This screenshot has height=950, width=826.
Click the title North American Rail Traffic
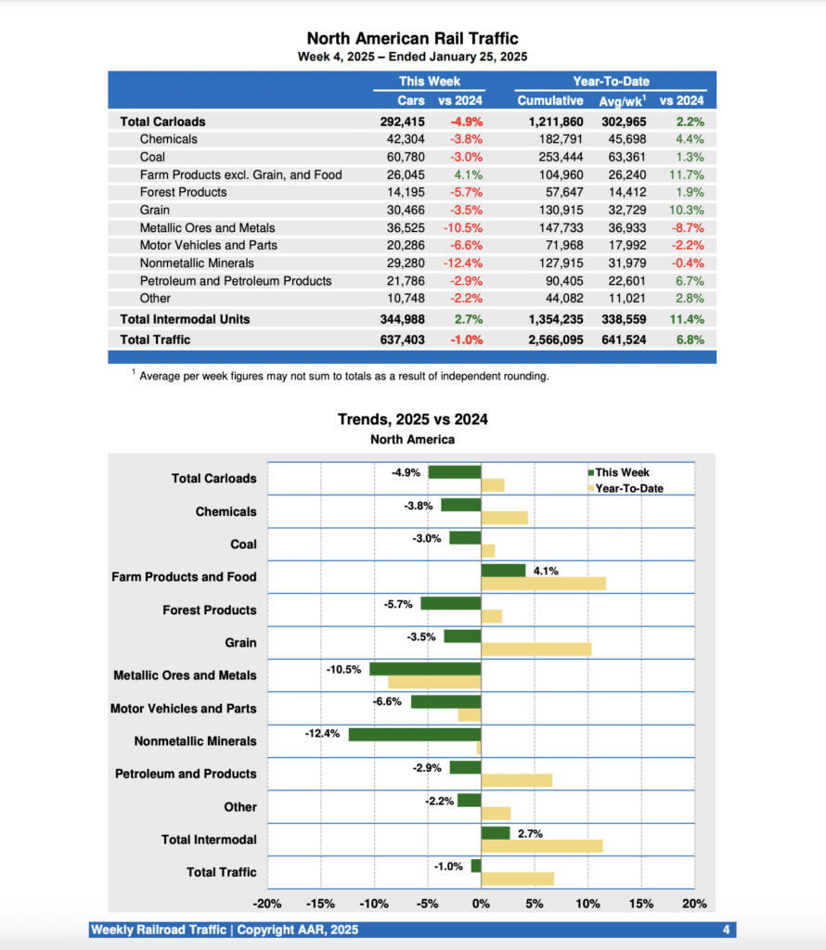pos(412,38)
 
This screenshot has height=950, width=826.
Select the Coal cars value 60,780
pos(404,157)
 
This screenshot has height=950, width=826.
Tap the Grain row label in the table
pos(154,211)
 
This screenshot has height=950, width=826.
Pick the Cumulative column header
pos(550,100)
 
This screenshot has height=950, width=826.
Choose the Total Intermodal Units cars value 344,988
pos(403,319)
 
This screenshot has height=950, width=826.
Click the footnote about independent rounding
pos(343,376)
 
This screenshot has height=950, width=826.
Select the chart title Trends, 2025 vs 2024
pos(412,419)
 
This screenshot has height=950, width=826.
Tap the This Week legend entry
pos(622,473)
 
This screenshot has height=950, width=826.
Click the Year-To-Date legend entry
pos(628,488)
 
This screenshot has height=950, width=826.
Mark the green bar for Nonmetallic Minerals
pos(415,735)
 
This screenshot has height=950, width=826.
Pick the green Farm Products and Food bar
pos(503,570)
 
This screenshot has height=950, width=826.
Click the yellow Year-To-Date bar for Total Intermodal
pos(542,846)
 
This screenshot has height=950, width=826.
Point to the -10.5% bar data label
pos(343,669)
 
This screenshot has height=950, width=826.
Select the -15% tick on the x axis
pos(320,904)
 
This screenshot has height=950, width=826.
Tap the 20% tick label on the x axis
pos(694,904)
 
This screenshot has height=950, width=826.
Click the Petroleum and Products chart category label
pos(186,774)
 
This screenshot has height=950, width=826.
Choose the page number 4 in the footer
pos(726,930)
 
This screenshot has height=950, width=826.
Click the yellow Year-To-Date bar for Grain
pos(536,649)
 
